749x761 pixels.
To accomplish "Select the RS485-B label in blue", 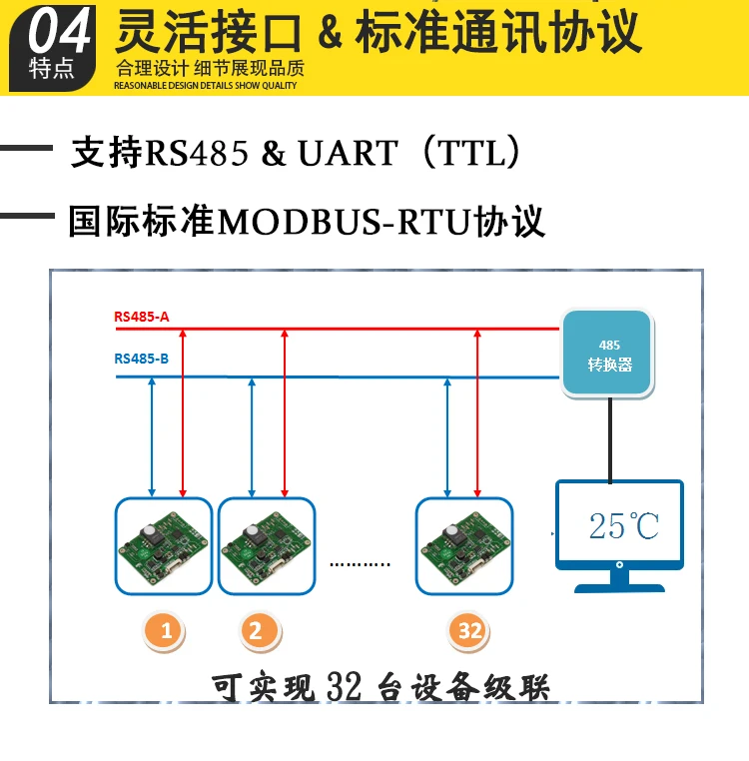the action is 142,358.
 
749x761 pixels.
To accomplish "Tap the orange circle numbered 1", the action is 166,630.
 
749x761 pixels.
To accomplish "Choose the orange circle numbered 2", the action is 257,630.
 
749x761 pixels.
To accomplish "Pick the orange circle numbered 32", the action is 469,630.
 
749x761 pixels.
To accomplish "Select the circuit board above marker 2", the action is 267,547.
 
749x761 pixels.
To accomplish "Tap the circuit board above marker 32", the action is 464,547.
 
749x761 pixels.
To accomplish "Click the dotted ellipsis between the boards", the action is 361,564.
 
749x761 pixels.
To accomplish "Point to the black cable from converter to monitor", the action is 607,439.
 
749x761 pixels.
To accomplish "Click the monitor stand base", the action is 619,585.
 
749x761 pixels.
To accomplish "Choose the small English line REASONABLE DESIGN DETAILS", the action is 206,87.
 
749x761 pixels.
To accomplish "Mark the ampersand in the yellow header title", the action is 329,33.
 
